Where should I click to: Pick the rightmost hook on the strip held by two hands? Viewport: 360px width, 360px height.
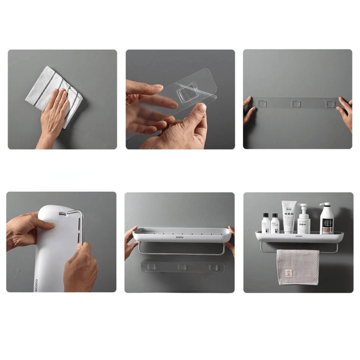click(329, 104)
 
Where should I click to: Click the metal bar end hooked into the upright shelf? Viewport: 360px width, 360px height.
click(64, 213)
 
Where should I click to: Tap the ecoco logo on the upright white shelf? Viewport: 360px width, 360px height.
click(36, 285)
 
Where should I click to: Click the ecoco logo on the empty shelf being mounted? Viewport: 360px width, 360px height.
click(180, 232)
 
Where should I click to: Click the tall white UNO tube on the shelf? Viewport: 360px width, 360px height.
click(288, 216)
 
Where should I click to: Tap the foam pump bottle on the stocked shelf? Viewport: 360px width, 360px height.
click(303, 220)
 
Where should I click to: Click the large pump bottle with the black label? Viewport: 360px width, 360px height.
click(326, 221)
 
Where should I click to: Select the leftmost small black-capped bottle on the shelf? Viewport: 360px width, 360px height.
click(265, 223)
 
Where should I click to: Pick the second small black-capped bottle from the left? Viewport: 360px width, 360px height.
click(274, 223)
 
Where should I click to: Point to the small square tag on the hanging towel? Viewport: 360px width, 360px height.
click(287, 273)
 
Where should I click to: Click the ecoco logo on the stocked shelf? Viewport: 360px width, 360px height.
click(299, 236)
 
